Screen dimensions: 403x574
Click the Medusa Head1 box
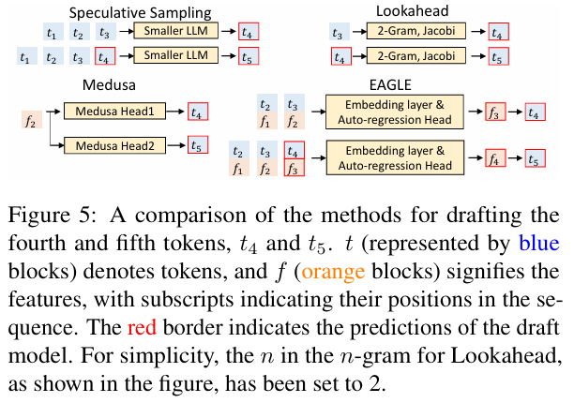coord(113,112)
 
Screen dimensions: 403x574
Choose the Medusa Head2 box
coord(113,145)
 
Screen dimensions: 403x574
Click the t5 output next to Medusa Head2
coord(196,145)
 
